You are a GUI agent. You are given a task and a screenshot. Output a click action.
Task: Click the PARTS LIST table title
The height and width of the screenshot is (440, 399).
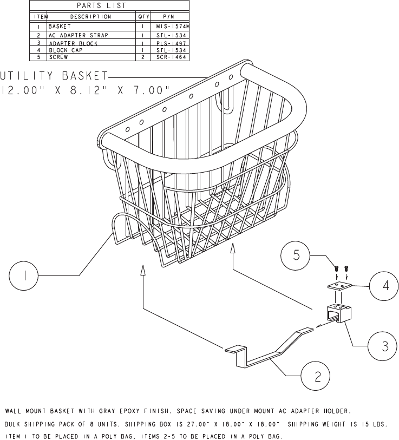109,6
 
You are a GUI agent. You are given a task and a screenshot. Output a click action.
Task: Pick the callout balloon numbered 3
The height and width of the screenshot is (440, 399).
384,346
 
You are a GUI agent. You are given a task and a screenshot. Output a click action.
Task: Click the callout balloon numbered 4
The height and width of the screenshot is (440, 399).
384,285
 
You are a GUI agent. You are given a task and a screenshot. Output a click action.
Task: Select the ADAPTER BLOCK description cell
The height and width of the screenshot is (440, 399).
73,43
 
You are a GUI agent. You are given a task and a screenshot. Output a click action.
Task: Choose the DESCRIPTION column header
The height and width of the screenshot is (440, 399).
90,17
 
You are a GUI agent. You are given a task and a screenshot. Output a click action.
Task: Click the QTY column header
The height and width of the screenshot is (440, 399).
142,17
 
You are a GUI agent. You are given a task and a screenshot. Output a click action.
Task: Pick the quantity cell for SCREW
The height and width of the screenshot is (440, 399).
142,57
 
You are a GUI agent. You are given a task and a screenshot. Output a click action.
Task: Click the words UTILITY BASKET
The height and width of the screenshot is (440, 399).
54,75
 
